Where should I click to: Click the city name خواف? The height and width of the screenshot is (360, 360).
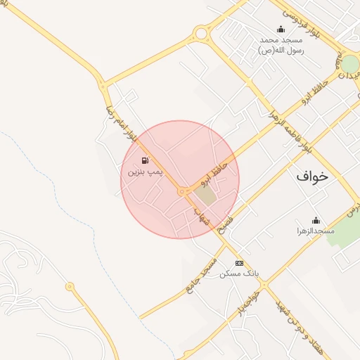tap(312, 176)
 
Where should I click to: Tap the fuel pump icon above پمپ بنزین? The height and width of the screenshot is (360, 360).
tap(145, 160)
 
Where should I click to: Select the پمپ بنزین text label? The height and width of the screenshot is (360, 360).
tap(145, 172)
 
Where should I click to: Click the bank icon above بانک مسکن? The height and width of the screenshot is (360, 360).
tap(239, 263)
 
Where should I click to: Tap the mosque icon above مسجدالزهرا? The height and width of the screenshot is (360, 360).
tap(315, 220)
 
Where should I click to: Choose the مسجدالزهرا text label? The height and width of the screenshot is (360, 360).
tap(315, 231)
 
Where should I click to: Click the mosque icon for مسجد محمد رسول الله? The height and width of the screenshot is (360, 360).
tap(281, 29)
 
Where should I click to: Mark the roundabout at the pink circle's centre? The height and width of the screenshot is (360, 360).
tap(182, 191)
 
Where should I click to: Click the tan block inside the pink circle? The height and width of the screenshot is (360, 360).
tap(205, 193)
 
